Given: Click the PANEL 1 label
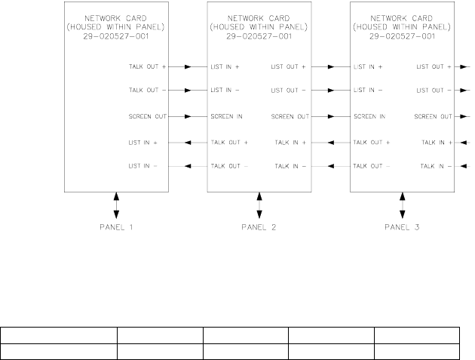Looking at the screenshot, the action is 116,226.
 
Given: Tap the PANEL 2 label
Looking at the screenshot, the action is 259,226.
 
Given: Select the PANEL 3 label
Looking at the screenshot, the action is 403,226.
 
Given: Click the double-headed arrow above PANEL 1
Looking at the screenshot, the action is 116,205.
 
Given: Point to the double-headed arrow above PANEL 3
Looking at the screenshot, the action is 403,205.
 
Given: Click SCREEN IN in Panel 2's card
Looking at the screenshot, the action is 226,117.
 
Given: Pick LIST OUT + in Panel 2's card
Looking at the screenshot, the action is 289,66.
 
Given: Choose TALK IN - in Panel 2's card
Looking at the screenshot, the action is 291,166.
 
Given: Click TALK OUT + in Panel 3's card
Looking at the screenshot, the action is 371,142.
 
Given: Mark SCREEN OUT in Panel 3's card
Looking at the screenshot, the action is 433,117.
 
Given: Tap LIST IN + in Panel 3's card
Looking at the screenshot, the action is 368,66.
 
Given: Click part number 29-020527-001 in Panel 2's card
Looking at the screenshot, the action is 259,35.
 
